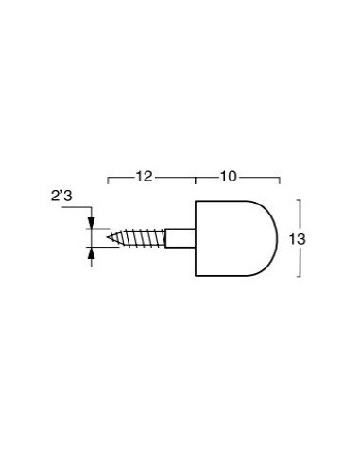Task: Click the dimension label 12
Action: click(x=144, y=176)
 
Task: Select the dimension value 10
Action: click(x=228, y=176)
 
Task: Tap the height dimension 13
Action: click(x=298, y=240)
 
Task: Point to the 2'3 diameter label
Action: click(x=61, y=196)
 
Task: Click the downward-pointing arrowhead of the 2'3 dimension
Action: click(x=92, y=222)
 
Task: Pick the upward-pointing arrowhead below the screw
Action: click(x=92, y=253)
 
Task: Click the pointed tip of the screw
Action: click(x=108, y=237)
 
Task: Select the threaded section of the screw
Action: click(x=136, y=237)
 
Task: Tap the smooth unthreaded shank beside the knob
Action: click(x=180, y=238)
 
